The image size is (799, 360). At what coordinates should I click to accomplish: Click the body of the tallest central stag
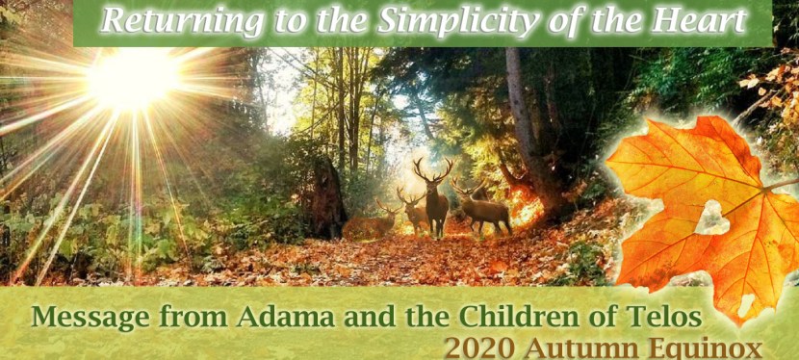tap(438, 204)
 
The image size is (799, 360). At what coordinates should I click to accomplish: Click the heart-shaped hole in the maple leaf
tap(712, 219)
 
